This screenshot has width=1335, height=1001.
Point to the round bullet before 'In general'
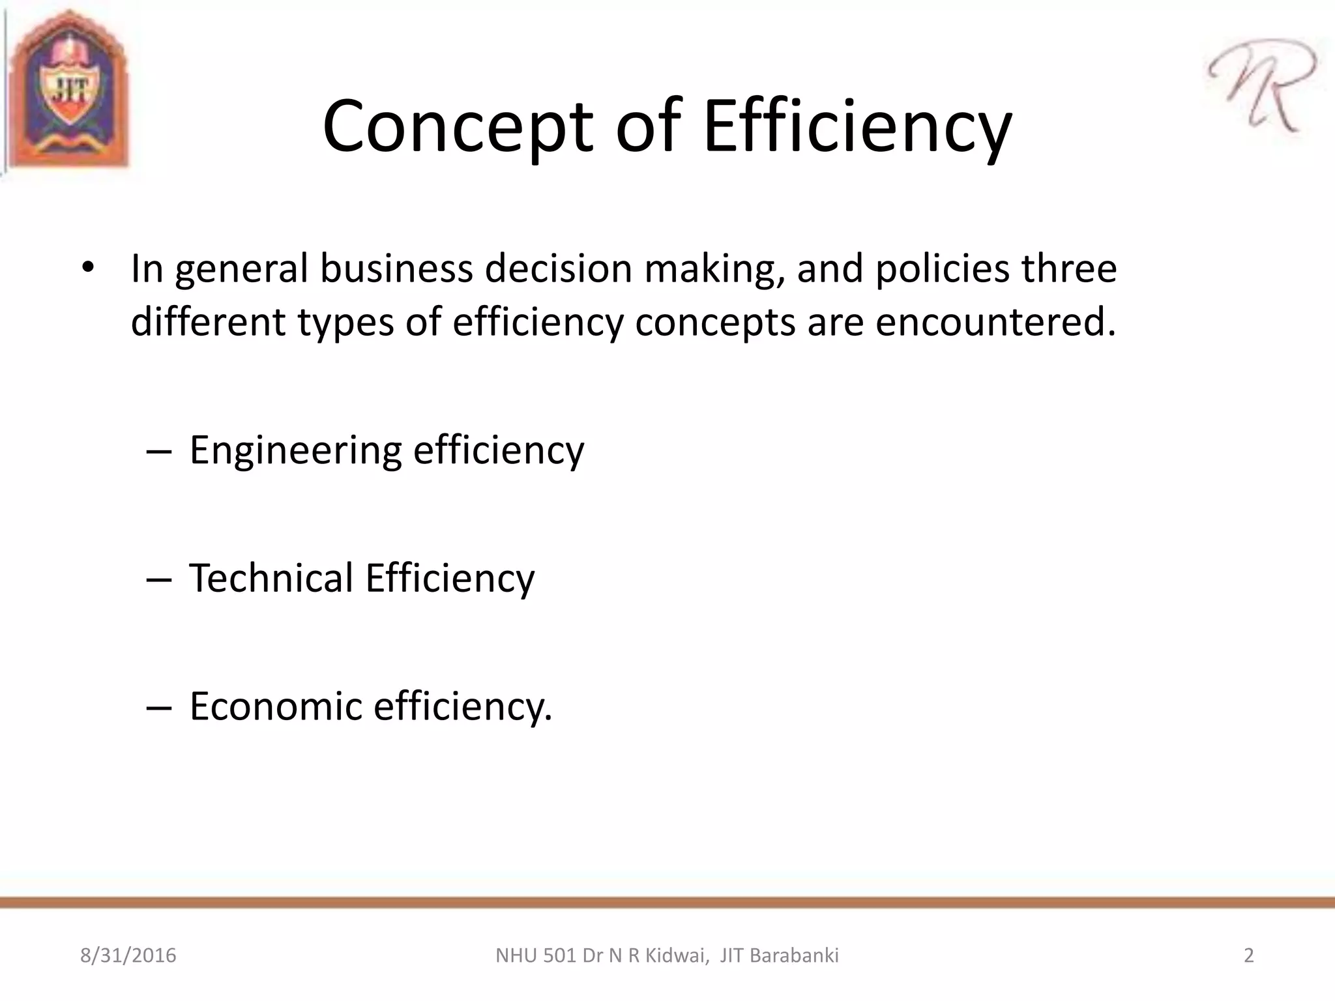pyautogui.click(x=89, y=268)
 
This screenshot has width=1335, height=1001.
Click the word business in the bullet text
pyautogui.click(x=396, y=268)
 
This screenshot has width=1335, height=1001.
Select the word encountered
pyautogui.click(x=994, y=322)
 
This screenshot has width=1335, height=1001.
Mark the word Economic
pyautogui.click(x=275, y=706)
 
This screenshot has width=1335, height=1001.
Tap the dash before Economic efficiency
pyautogui.click(x=159, y=707)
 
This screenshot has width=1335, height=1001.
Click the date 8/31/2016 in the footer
pyautogui.click(x=128, y=955)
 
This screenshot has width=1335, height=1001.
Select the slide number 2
pyautogui.click(x=1248, y=955)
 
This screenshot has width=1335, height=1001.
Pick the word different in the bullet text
pyautogui.click(x=208, y=322)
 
